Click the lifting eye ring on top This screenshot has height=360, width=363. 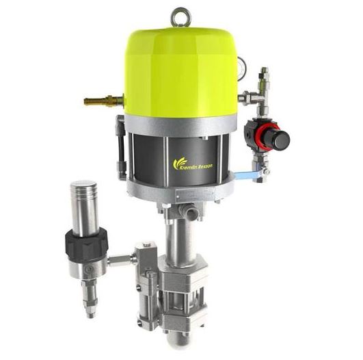coord(180,14)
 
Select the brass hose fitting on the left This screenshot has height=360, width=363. coord(98,102)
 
